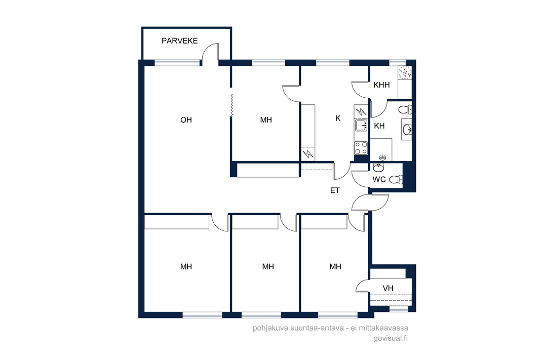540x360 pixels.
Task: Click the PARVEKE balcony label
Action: (179, 41)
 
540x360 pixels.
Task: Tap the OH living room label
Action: (186, 120)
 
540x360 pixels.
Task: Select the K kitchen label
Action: (338, 118)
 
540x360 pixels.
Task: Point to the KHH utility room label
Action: (381, 85)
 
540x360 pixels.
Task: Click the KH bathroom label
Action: (379, 126)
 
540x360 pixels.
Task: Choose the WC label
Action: (379, 179)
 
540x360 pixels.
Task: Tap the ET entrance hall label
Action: (335, 190)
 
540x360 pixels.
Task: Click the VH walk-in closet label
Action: (388, 288)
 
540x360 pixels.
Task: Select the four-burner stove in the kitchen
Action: (361, 148)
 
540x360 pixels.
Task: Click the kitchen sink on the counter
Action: (361, 126)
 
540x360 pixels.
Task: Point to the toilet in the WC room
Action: (396, 179)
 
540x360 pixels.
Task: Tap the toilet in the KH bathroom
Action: (405, 110)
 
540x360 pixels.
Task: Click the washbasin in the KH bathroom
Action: (407, 130)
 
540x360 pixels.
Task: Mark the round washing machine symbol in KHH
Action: (405, 73)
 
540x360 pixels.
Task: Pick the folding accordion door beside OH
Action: (232, 105)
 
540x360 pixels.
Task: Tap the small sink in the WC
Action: (378, 168)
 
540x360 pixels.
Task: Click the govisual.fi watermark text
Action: (391, 338)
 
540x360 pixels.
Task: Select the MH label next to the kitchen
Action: (266, 120)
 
